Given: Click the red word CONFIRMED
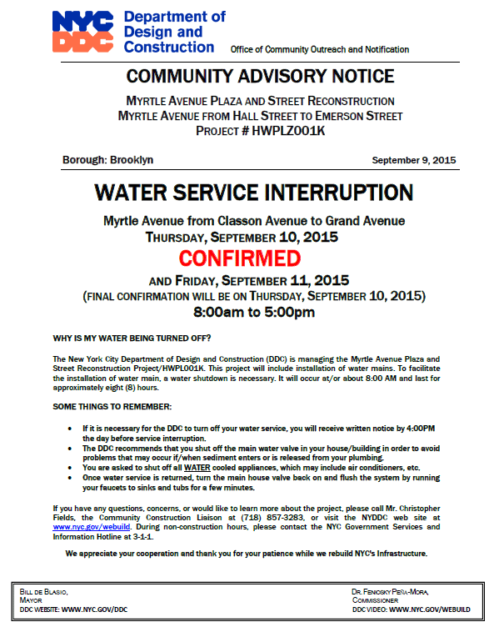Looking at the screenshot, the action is pos(247,257).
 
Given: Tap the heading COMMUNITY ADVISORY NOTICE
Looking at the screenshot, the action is pos(260,77).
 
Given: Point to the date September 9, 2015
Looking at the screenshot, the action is pos(414,159).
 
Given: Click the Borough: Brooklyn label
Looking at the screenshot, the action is pos(108,159).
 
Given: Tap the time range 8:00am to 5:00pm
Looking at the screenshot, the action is pos(253,313).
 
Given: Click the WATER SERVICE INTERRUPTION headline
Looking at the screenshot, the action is pos(253,193).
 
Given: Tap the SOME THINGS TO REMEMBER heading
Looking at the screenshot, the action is pos(112,406).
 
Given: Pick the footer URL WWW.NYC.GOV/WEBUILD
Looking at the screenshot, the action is pos(430,609).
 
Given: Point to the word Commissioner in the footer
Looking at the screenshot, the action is pos(377,600).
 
